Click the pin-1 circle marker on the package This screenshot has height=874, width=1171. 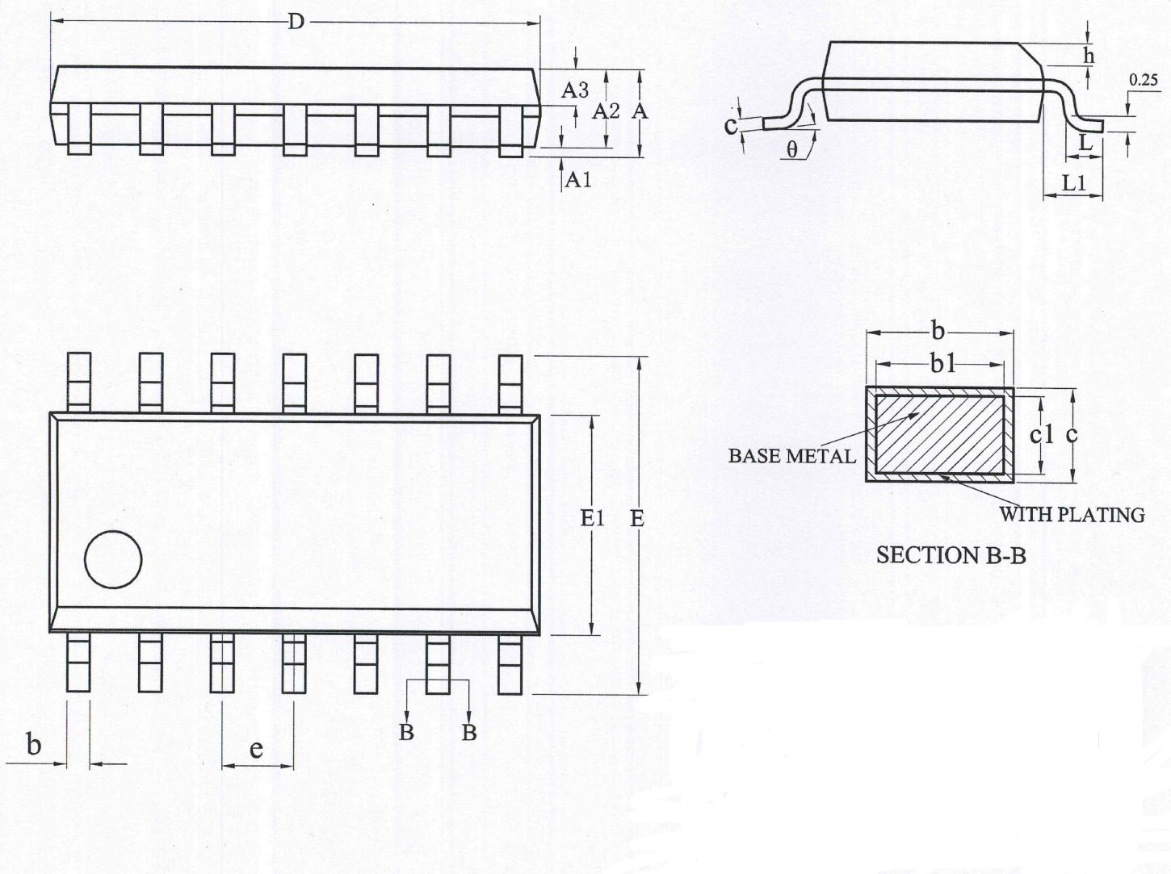[x=113, y=559]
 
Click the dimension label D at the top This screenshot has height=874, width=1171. [x=296, y=23]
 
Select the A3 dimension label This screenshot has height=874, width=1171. [x=574, y=90]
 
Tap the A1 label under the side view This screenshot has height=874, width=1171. [x=579, y=180]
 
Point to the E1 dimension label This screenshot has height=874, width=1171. [x=592, y=518]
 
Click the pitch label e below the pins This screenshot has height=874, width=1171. [x=256, y=749]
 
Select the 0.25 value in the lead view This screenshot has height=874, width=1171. [x=1144, y=80]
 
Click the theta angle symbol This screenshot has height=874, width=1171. [x=792, y=150]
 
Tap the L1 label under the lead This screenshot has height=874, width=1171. [x=1074, y=183]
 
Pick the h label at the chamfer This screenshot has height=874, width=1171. [x=1089, y=55]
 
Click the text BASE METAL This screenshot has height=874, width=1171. [x=791, y=457]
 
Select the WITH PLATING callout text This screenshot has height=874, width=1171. [x=1072, y=515]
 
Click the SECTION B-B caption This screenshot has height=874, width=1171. [x=951, y=556]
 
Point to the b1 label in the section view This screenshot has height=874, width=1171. [x=942, y=365]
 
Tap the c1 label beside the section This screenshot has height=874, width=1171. [x=1041, y=435]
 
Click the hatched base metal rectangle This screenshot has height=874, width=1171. [x=939, y=434]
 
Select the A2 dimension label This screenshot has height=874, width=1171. [x=606, y=111]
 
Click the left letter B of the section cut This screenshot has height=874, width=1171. [x=406, y=732]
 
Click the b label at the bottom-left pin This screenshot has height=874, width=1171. [x=33, y=744]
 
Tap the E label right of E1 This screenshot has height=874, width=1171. [x=637, y=518]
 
